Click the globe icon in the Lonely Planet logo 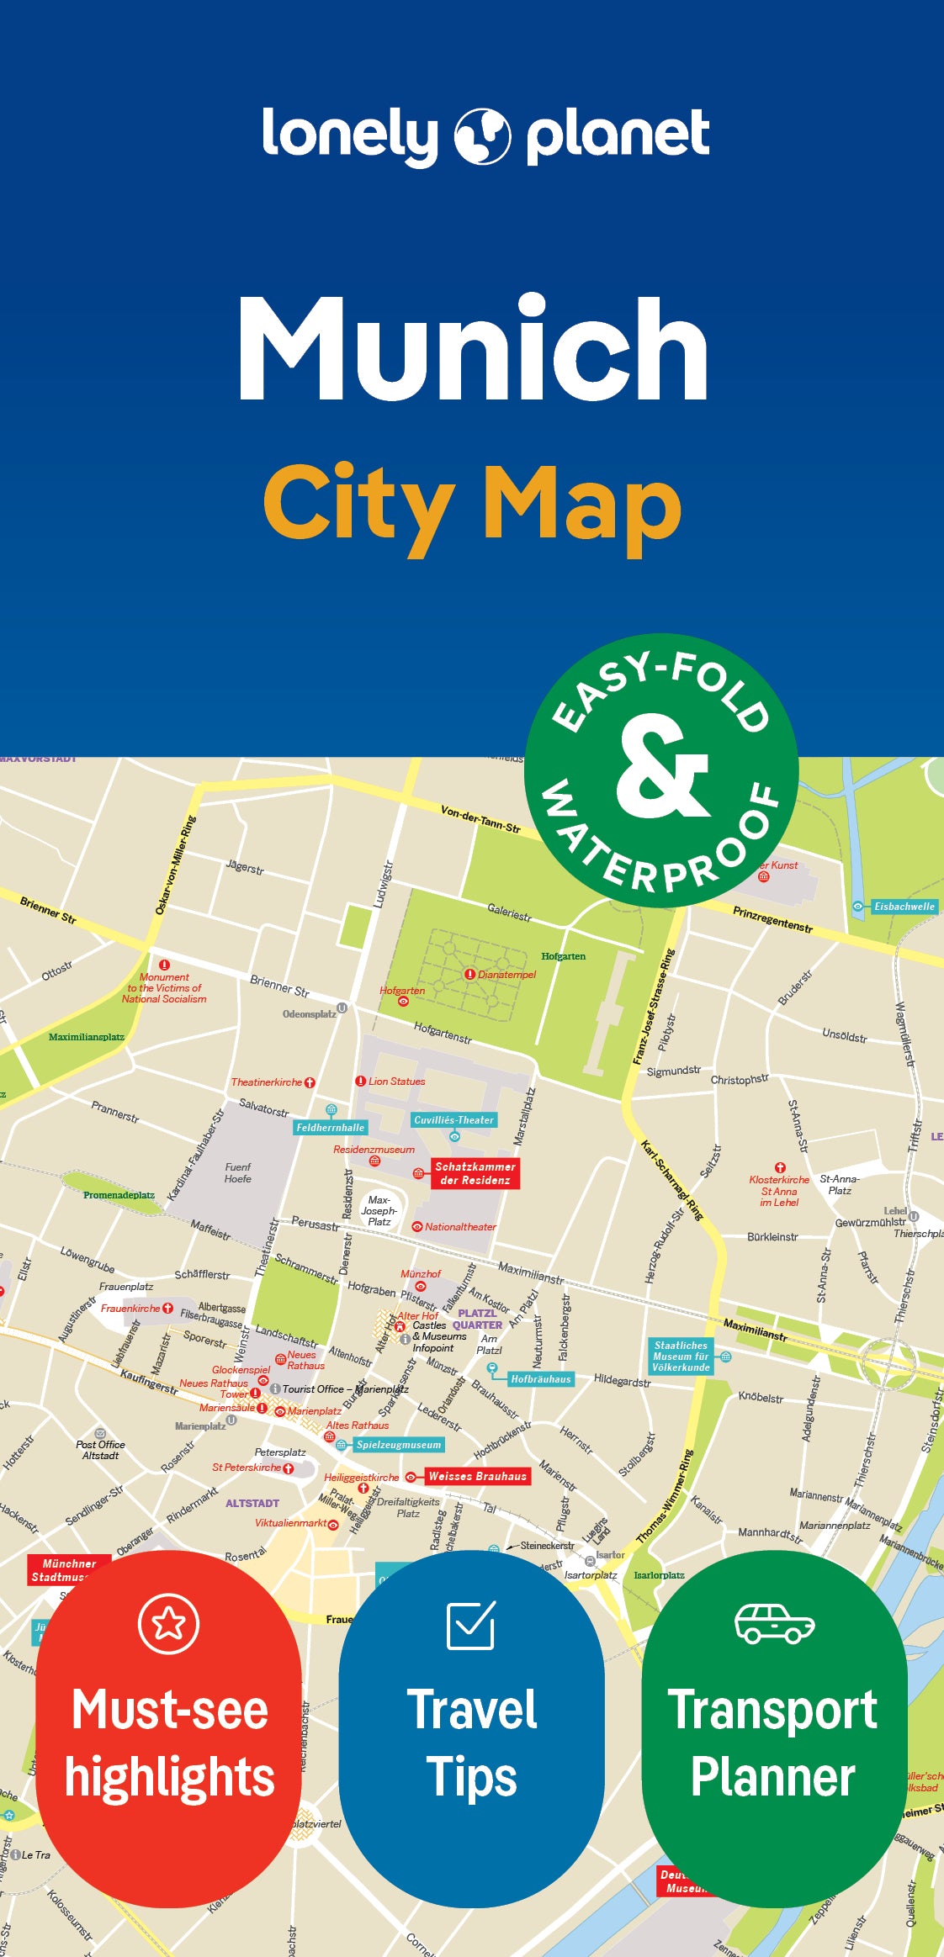[482, 135]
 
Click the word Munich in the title [474, 348]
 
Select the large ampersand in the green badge [662, 766]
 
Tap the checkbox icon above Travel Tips [470, 1626]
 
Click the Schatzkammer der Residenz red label [475, 1173]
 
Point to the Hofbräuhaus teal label [541, 1379]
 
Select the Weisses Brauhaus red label [477, 1476]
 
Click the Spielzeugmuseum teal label [398, 1445]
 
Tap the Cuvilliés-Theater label [454, 1120]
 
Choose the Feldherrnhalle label [331, 1128]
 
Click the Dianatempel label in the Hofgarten [506, 975]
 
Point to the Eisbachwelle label [904, 907]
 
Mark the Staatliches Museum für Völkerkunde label [681, 1357]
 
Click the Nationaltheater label [460, 1227]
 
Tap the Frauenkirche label [130, 1309]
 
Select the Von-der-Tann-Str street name [480, 818]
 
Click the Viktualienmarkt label [291, 1523]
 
